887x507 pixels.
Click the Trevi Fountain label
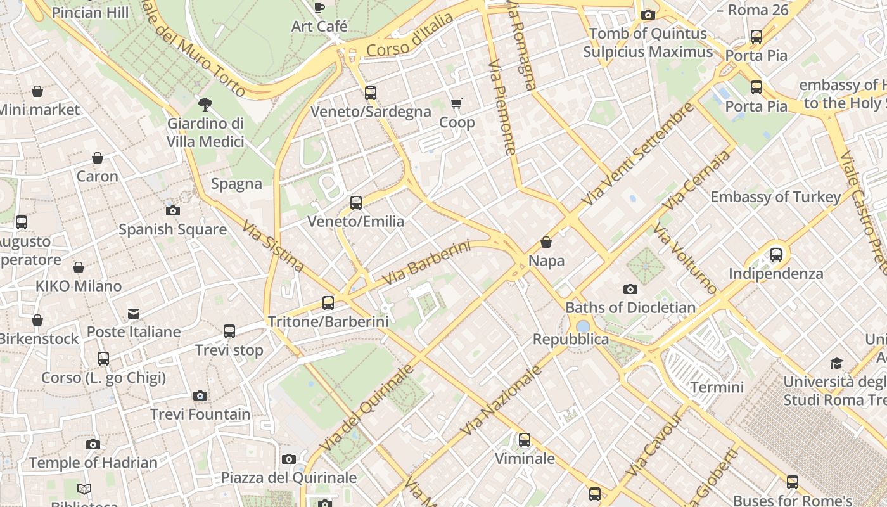[x=200, y=414]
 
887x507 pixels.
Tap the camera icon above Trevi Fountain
[x=200, y=396]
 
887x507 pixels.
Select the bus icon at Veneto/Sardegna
[x=371, y=93]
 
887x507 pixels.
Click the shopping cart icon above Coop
[x=456, y=103]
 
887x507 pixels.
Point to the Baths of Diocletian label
[x=630, y=308]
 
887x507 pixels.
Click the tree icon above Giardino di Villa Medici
[x=205, y=104]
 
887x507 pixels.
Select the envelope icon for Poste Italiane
[x=134, y=314]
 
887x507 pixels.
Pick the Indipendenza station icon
[x=776, y=255]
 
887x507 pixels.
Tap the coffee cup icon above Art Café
[x=319, y=8]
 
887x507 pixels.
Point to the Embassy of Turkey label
[x=775, y=197]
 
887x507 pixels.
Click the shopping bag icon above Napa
[x=546, y=242]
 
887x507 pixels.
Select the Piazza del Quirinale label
[x=289, y=477]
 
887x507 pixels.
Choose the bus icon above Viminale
[x=525, y=440]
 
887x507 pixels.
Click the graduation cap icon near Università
[x=837, y=363]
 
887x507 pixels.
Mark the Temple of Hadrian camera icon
[x=93, y=444]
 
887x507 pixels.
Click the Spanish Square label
[x=173, y=229]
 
